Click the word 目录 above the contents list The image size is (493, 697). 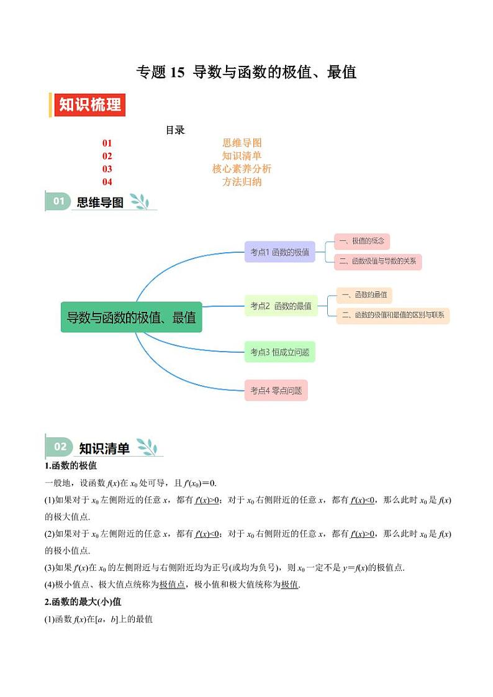click(x=175, y=130)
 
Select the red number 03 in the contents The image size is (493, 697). click(x=107, y=169)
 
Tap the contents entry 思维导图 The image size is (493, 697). click(x=242, y=143)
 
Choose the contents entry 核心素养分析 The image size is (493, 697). click(x=242, y=169)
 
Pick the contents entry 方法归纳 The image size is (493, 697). click(x=242, y=182)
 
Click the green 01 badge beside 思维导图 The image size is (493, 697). click(x=58, y=201)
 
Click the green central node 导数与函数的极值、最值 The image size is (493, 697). click(x=132, y=317)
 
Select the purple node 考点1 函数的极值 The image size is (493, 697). click(x=279, y=252)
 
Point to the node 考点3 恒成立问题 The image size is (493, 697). click(x=279, y=352)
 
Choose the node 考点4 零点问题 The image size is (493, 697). click(x=276, y=390)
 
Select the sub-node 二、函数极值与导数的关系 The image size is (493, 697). click(x=378, y=262)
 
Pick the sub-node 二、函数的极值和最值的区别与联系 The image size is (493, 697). click(x=392, y=315)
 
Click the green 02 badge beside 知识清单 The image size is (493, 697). click(x=60, y=447)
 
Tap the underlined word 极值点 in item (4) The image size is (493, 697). click(x=172, y=585)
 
